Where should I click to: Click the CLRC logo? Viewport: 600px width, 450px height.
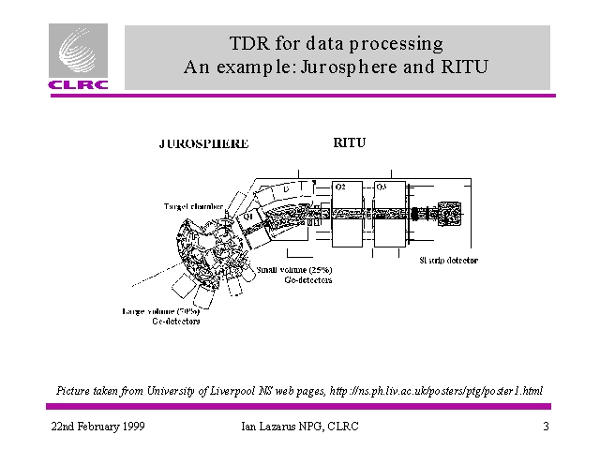[x=78, y=58]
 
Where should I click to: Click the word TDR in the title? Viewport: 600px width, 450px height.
[x=248, y=43]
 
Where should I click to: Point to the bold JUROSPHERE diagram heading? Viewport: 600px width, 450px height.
[x=203, y=144]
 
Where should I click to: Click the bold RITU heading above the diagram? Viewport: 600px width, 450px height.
[x=349, y=143]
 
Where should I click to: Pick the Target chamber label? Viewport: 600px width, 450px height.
[x=193, y=205]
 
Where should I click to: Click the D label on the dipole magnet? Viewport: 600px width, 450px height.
[x=285, y=191]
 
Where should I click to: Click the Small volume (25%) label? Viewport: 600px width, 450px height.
[x=293, y=270]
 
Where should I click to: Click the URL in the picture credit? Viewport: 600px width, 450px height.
[x=436, y=390]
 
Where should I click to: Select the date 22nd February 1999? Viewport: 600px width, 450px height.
[x=97, y=427]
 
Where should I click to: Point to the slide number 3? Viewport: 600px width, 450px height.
[x=545, y=427]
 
